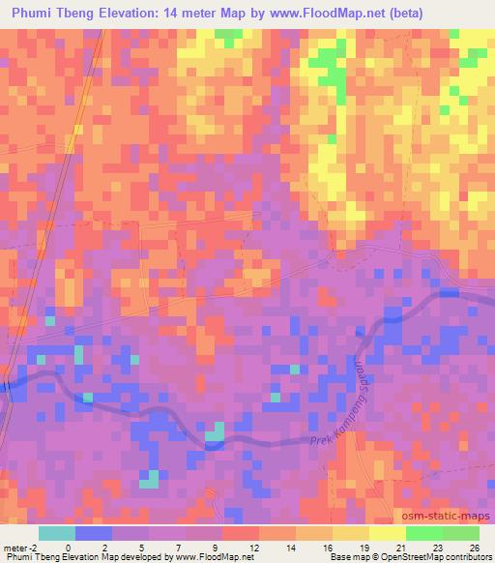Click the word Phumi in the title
click(x=34, y=12)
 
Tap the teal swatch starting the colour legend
click(x=57, y=533)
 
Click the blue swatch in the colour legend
click(x=94, y=533)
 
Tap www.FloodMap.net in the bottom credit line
click(x=207, y=557)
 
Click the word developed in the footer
click(x=132, y=557)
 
